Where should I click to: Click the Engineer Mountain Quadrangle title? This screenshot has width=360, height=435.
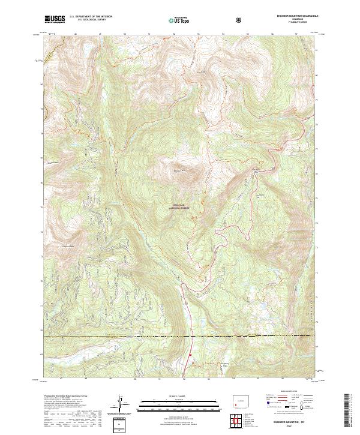(292, 16)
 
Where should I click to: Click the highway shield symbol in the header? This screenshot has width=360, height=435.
(240, 20)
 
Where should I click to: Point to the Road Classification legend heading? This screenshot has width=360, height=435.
(281, 394)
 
